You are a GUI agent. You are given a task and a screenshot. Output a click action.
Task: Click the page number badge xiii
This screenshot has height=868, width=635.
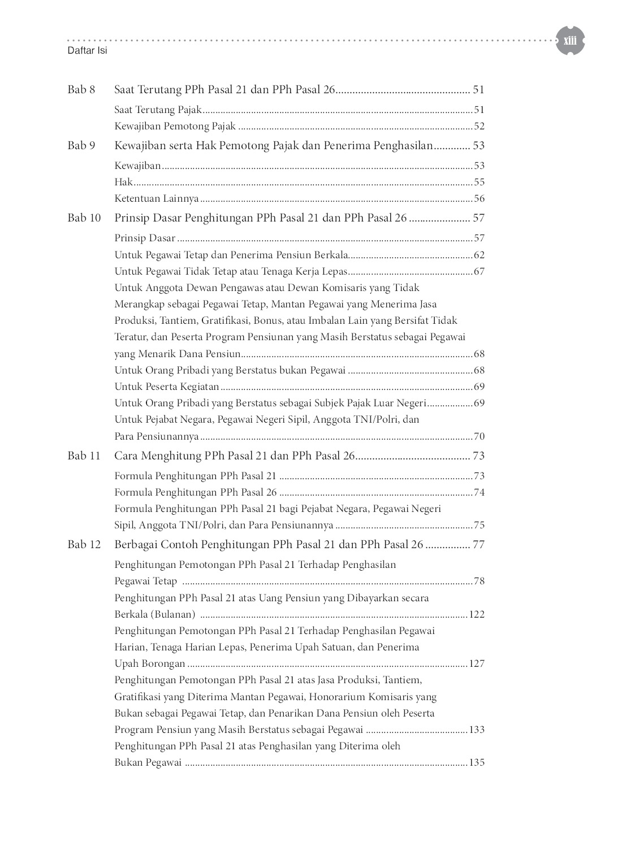tap(569, 40)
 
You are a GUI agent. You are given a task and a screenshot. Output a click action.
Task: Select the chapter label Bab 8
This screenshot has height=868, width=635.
tap(81, 89)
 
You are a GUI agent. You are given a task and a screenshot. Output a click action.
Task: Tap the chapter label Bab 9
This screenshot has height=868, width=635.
tap(81, 145)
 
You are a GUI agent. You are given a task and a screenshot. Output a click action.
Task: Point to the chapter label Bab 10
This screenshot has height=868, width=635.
tap(84, 218)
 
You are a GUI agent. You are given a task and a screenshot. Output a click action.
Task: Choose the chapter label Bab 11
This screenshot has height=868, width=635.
tap(84, 455)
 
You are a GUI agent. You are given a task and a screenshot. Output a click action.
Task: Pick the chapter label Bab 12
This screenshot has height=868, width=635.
tap(84, 544)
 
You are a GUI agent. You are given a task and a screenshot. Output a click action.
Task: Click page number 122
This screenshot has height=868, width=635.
tap(477, 614)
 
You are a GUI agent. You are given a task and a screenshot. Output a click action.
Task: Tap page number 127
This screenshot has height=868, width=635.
tap(477, 663)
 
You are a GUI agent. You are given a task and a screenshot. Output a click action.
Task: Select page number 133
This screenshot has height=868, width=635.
tap(477, 730)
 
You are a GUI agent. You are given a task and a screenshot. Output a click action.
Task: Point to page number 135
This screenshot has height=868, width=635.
tap(477, 762)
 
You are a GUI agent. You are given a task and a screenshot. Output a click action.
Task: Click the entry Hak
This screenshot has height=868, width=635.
tap(123, 182)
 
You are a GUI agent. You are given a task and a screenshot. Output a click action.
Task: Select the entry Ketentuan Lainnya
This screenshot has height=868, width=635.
tap(157, 198)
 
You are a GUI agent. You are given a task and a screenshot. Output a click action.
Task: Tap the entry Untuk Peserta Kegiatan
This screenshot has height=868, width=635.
tap(167, 387)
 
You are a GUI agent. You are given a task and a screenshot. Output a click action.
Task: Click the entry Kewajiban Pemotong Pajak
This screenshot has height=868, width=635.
tap(175, 126)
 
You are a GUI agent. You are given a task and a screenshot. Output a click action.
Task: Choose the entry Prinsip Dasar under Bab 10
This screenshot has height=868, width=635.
tap(145, 238)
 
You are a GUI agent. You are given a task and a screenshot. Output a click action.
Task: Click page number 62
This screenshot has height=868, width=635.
tap(479, 255)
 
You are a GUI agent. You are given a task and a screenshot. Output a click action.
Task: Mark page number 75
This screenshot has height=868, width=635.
tap(479, 525)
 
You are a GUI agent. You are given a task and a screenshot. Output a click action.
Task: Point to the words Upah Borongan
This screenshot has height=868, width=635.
tap(150, 663)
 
